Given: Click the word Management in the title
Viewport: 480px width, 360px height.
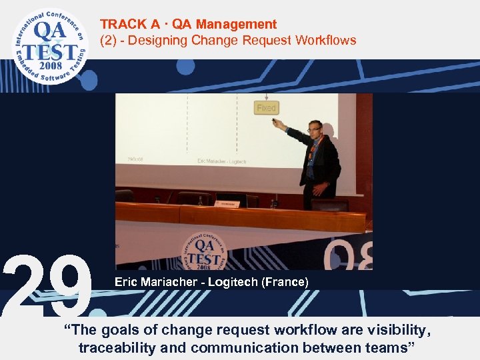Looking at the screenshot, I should (x=243, y=25).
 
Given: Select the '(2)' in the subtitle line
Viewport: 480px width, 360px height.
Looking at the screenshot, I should (x=108, y=41).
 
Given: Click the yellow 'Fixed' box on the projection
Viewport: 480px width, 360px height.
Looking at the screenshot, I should (x=266, y=107).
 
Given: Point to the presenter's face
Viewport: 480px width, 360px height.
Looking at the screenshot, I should (x=314, y=129).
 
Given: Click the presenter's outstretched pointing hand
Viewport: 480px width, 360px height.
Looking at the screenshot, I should (x=275, y=122).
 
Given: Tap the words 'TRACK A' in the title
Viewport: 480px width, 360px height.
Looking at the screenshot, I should (x=127, y=25).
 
